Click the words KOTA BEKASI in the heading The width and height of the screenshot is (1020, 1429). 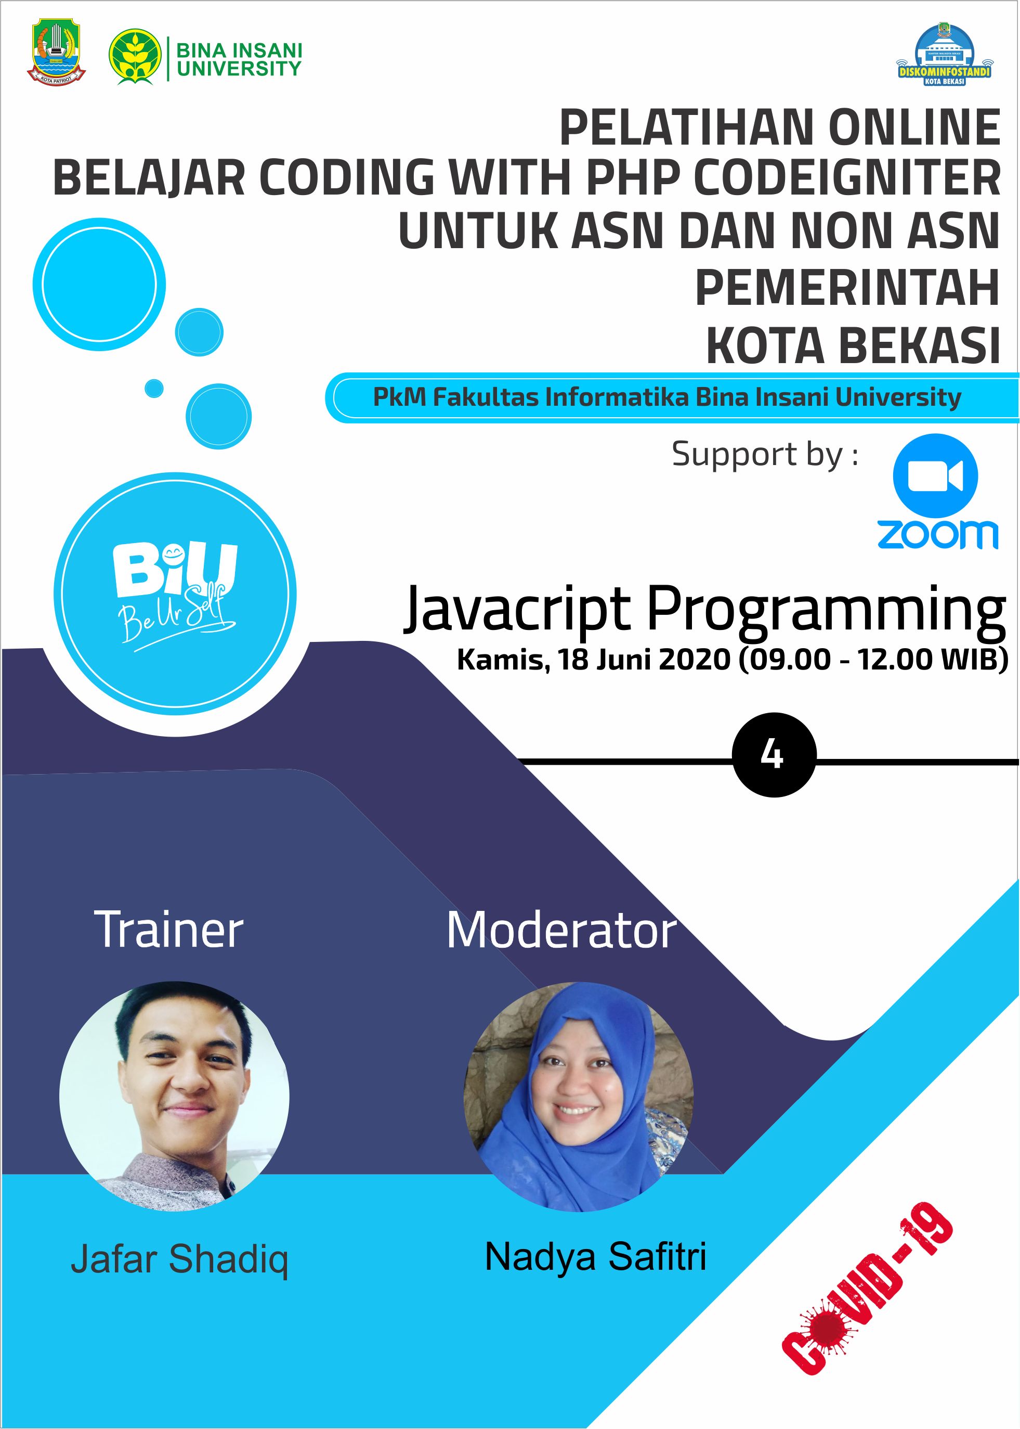click(853, 345)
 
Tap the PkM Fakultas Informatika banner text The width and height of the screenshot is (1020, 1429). click(667, 397)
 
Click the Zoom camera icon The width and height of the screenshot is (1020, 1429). click(936, 475)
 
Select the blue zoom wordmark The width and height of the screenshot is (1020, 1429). click(937, 534)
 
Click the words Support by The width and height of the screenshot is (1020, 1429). click(765, 454)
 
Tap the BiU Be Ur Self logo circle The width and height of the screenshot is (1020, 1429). click(175, 595)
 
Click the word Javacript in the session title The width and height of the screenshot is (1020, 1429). click(517, 608)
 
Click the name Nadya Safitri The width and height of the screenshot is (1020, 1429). click(595, 1257)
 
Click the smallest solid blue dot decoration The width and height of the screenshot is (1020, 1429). click(154, 389)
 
